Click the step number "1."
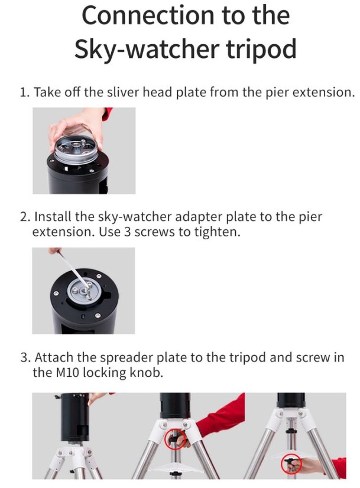(24, 93)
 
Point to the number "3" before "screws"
(127, 232)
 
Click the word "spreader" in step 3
(126, 358)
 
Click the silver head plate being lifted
(77, 148)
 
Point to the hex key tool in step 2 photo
(74, 270)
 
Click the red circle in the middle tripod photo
(175, 439)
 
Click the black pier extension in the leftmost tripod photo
(74, 417)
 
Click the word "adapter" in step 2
(199, 217)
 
